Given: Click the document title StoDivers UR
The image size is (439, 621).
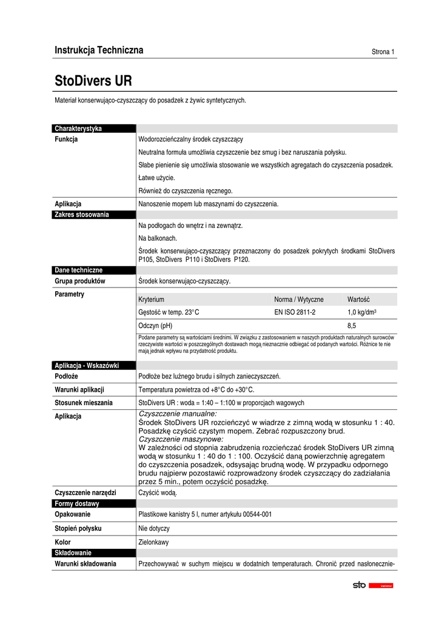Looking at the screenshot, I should tap(93, 81).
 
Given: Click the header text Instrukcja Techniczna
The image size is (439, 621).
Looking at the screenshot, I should tap(99, 50).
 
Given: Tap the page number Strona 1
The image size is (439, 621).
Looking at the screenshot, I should tap(383, 52).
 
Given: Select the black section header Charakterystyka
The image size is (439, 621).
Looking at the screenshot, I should tap(78, 129).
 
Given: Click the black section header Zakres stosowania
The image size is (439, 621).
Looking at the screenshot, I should tap(82, 215).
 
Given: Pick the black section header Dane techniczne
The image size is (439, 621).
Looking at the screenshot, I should tap(79, 270).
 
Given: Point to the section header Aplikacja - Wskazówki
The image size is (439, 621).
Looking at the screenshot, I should tap(87, 365).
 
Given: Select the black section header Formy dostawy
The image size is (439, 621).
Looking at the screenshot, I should tap(77, 503).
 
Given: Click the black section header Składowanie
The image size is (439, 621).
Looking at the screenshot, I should tap(73, 552).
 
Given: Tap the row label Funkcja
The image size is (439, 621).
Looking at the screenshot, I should tap(66, 139).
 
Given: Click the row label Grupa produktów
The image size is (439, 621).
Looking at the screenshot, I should tap(80, 281).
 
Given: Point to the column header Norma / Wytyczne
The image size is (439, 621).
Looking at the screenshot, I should tap(299, 300).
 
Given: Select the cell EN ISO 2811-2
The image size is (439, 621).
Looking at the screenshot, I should tap(295, 312).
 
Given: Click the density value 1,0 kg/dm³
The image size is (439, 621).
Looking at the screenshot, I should tap(363, 312).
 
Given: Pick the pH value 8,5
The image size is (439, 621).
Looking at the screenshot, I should tap(352, 326).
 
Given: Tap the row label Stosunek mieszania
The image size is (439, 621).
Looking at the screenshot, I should tap(84, 403).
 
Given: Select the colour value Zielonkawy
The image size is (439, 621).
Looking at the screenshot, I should tap(154, 542).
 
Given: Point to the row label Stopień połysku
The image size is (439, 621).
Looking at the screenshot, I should tap(78, 528).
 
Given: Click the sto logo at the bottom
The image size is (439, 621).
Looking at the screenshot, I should tap(360, 585).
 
